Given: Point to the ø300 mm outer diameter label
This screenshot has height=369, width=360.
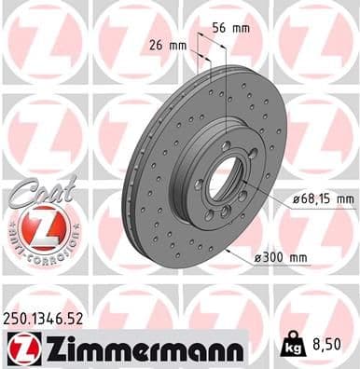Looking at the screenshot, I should point(283,256).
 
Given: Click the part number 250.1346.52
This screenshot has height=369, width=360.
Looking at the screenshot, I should point(48,318).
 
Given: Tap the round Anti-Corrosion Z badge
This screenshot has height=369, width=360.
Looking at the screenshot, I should point(37,228).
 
